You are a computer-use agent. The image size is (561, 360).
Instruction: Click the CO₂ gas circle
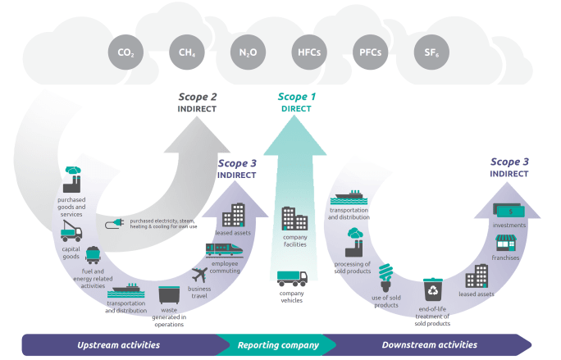pyautogui.click(x=125, y=52)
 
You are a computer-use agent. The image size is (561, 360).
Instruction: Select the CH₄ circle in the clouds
pyautogui.click(x=186, y=52)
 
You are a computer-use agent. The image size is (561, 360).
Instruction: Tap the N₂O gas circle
pyautogui.click(x=247, y=52)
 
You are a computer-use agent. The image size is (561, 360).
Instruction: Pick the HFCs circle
pyautogui.click(x=307, y=52)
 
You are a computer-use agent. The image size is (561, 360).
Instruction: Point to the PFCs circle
pyautogui.click(x=368, y=52)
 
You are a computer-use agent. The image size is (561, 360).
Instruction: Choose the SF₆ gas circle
pyautogui.click(x=429, y=52)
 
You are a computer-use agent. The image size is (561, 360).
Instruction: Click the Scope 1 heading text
pyautogui.click(x=296, y=96)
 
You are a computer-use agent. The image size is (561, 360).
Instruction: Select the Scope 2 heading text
pyautogui.click(x=198, y=97)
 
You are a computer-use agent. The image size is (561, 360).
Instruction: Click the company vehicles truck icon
pyautogui.click(x=291, y=279)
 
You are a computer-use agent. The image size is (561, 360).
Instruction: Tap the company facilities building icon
pyautogui.click(x=294, y=217)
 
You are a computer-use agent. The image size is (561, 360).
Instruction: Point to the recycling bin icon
pyautogui.click(x=432, y=289)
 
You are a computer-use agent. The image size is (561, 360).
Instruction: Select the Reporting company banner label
pyautogui.click(x=278, y=344)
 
